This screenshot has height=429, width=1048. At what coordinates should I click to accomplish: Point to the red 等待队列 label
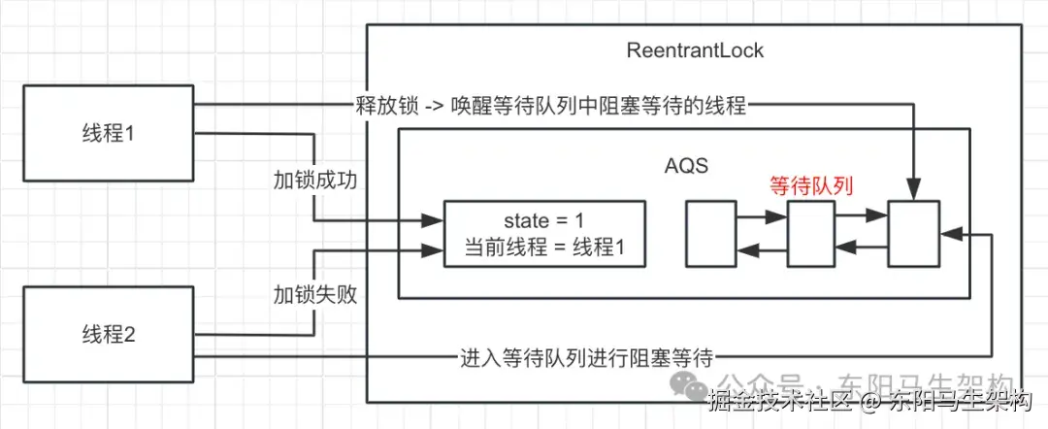point(810,185)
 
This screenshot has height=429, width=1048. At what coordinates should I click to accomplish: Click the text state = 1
point(544,219)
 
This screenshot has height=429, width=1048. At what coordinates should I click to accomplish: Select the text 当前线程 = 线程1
point(544,248)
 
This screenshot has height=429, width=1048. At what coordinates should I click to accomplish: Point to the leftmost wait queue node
point(710,234)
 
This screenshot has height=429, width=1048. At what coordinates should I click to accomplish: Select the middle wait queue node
point(811,234)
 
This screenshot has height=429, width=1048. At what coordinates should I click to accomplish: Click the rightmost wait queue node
point(913,234)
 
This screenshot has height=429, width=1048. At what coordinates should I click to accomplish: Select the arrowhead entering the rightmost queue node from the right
point(947,234)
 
